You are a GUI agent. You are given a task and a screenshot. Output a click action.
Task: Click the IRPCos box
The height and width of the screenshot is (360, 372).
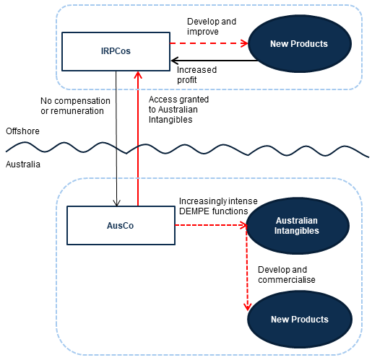coord(116,51)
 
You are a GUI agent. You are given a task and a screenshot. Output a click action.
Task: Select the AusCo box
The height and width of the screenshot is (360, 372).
coord(121,225)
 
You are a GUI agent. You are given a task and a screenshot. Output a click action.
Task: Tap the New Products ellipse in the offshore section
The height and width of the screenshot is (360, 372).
coord(300,44)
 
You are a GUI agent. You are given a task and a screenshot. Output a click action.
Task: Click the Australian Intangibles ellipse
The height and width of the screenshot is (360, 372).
coord(298,226)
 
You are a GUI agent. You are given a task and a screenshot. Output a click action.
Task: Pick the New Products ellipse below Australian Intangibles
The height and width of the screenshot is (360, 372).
coord(300,319)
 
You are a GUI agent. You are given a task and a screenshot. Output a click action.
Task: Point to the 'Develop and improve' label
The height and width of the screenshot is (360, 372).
coord(212,27)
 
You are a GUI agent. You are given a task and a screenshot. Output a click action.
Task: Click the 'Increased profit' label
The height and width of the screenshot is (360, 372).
coord(196,75)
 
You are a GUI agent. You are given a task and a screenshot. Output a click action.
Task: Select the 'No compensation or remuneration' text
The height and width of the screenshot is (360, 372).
coord(75,106)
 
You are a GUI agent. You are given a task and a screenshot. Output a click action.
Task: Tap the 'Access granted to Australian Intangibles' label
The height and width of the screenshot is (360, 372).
coord(178,110)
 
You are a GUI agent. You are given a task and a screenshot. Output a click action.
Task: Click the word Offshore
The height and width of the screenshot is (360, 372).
coord(22,131)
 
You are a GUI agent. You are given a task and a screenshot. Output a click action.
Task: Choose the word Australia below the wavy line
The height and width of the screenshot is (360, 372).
coord(23,164)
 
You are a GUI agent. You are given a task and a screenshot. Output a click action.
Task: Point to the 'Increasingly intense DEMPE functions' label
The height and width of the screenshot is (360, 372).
coord(218,206)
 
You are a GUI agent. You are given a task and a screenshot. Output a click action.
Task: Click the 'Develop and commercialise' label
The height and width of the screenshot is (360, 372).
coord(287,275)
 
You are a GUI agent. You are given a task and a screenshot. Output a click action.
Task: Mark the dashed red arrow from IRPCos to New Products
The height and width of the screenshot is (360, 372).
coord(209,43)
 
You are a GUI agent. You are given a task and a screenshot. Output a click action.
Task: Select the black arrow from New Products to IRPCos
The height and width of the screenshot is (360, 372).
coord(215,61)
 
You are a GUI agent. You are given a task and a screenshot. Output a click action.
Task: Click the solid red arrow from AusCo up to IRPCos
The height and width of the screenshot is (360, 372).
coord(138,139)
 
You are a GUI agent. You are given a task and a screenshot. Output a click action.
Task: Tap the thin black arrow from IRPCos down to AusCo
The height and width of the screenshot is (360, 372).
coord(116,139)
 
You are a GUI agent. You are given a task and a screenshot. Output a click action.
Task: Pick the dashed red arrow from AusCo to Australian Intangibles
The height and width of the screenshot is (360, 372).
coord(211,225)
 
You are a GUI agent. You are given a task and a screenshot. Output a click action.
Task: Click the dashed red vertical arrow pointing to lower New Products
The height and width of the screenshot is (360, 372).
coord(247,268)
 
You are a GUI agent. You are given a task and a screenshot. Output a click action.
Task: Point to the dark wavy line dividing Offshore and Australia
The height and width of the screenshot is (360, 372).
coord(187,149)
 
